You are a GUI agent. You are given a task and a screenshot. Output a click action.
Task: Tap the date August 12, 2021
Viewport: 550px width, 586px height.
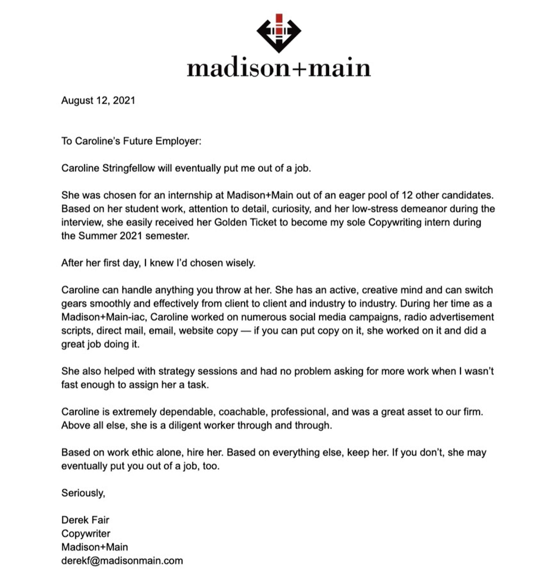click(x=98, y=101)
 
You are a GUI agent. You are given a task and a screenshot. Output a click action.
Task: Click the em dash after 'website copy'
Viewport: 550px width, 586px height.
click(x=246, y=331)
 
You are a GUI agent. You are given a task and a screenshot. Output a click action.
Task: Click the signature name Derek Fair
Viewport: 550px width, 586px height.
click(x=85, y=520)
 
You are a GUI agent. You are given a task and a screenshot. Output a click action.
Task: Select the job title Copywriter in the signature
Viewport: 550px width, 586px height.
click(x=86, y=534)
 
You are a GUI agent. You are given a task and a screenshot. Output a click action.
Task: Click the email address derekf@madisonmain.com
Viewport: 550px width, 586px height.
click(x=122, y=561)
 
